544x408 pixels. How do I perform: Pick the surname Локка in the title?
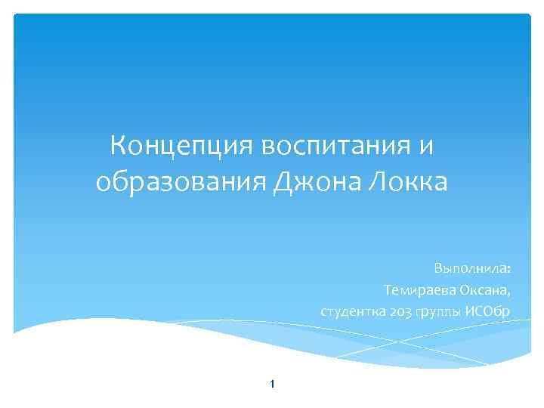click(410, 181)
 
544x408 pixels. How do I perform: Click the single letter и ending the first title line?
click(426, 144)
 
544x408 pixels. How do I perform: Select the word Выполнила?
click(469, 270)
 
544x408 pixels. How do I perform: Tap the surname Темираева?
click(418, 290)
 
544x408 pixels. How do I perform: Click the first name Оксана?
click(483, 290)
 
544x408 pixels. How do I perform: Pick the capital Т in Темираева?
click(387, 290)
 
